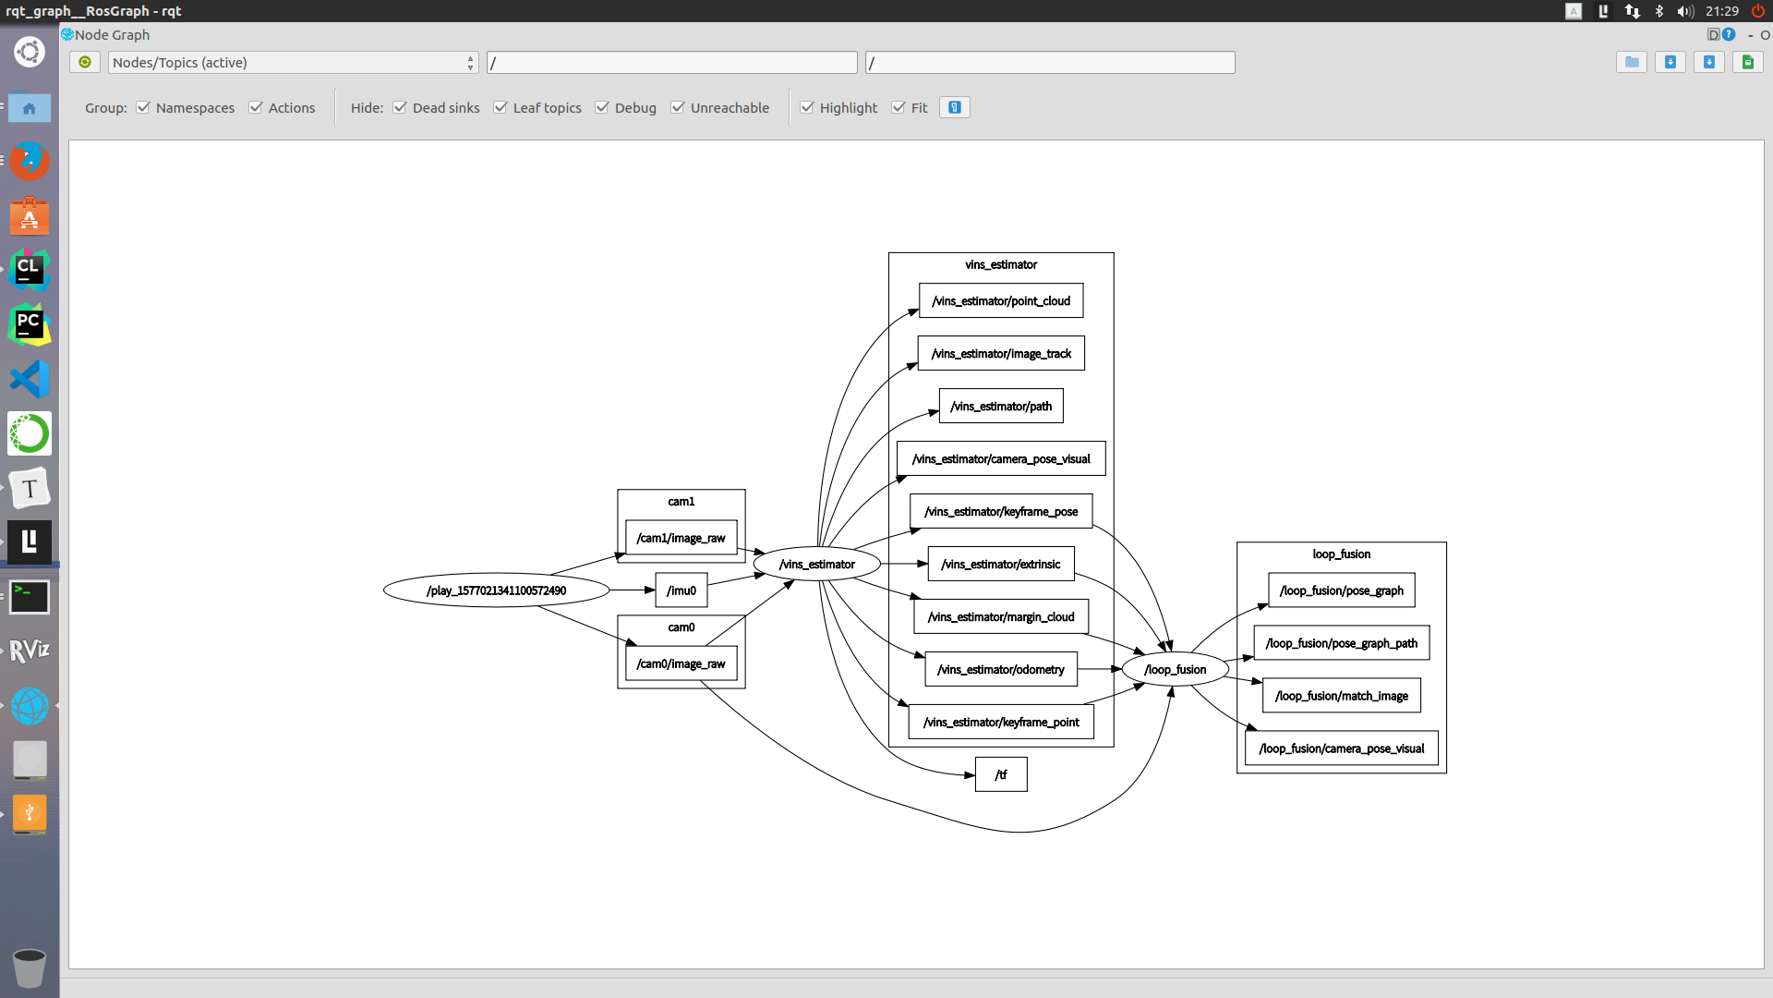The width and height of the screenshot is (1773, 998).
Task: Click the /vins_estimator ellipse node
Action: (x=816, y=564)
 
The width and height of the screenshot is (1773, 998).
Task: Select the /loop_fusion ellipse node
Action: (x=1175, y=669)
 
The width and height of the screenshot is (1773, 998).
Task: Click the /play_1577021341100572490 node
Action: (x=496, y=590)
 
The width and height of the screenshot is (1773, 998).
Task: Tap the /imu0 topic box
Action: (x=681, y=590)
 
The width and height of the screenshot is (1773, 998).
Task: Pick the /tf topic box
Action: (x=1001, y=774)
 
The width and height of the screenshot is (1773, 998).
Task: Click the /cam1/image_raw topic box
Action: (x=681, y=538)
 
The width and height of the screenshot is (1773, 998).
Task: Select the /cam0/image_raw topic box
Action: (x=681, y=663)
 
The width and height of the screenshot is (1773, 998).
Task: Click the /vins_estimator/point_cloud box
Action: (x=1001, y=300)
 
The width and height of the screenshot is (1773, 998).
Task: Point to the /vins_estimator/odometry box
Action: (x=1001, y=669)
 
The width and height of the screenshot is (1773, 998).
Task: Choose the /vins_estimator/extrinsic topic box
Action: (x=1001, y=564)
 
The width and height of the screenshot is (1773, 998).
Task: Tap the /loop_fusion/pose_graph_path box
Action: (x=1341, y=643)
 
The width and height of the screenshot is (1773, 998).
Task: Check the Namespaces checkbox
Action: (x=143, y=107)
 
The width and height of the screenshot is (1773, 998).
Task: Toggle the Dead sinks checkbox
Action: (x=400, y=107)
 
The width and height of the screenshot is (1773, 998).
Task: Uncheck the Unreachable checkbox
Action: (x=678, y=107)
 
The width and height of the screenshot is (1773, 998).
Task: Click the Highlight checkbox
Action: (x=807, y=107)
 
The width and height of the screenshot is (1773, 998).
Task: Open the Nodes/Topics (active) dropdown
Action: (x=293, y=62)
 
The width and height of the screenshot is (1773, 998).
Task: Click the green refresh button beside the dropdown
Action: (x=85, y=62)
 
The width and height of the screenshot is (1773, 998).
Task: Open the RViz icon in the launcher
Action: (x=30, y=651)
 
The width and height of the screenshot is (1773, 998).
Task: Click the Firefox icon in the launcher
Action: (x=30, y=161)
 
